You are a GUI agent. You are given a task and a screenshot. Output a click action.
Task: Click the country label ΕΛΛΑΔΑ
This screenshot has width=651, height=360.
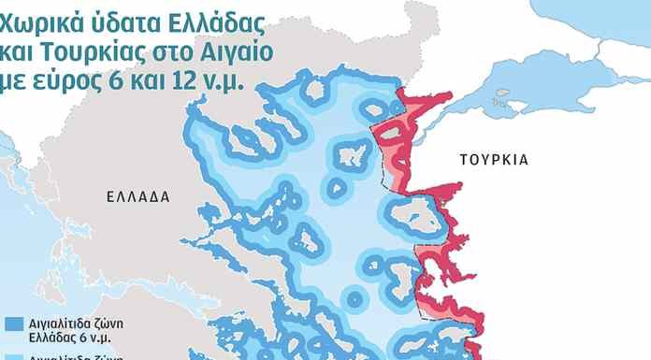click(137, 197)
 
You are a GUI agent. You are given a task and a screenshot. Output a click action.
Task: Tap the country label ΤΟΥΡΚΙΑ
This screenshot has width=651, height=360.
click(494, 160)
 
